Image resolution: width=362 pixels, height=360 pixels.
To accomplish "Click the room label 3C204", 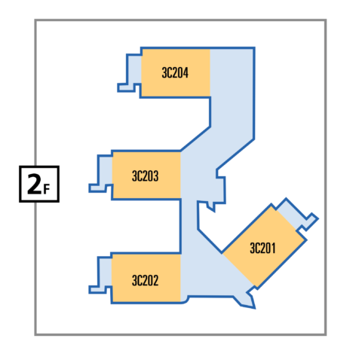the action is pos(175,73).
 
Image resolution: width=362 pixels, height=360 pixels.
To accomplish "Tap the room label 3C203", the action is pos(145,176).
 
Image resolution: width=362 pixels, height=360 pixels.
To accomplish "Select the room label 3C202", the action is pos(145,280).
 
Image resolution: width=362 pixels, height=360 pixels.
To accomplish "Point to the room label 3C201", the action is pos(262,248).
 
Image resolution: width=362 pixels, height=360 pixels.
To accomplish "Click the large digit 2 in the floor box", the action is pos(34,185).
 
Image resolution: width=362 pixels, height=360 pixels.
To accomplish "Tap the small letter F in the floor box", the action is pos(47,189).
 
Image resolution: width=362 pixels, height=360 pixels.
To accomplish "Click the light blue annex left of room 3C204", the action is pos(133,69).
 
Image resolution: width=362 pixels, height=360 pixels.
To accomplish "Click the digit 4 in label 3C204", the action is pos(186,73).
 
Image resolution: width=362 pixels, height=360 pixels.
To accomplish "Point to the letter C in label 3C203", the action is pos(140,176).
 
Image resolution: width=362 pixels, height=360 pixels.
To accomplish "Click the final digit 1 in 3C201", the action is pos(273,248).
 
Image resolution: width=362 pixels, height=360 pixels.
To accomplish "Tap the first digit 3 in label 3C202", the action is pos(134,280).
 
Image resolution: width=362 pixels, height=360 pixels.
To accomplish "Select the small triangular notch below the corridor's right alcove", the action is pos(211,207).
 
